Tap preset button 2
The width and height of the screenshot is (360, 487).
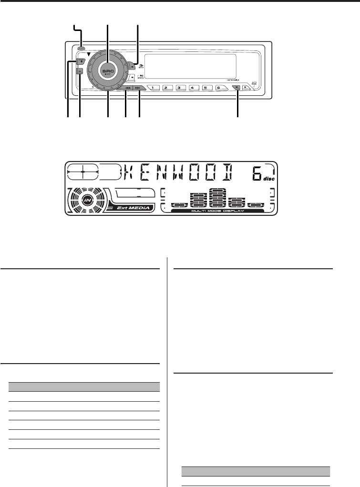click(x=166, y=88)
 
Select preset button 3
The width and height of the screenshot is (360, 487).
click(x=179, y=88)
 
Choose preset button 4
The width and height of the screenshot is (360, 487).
click(x=192, y=88)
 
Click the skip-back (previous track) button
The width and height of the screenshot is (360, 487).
click(x=125, y=88)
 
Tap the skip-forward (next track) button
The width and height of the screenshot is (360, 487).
click(x=138, y=88)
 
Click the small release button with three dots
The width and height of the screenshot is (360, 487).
click(x=82, y=48)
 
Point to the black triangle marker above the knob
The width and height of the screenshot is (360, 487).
click(x=89, y=54)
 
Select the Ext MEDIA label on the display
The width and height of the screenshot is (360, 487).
click(x=128, y=208)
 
